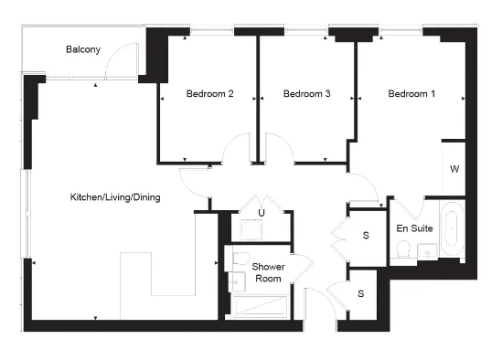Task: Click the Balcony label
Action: [x=82, y=49]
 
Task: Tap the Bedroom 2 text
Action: [x=209, y=94]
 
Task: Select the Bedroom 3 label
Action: [x=306, y=94]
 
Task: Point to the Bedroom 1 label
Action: [x=411, y=94]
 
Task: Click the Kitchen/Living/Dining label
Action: [x=116, y=197]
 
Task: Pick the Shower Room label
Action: [x=268, y=272]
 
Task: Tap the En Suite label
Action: [x=414, y=228]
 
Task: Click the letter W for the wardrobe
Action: [x=454, y=169]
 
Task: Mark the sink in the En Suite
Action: [x=426, y=256]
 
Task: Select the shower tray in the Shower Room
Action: [x=261, y=305]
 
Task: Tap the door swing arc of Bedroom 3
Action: [x=278, y=146]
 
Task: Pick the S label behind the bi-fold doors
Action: [x=366, y=236]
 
